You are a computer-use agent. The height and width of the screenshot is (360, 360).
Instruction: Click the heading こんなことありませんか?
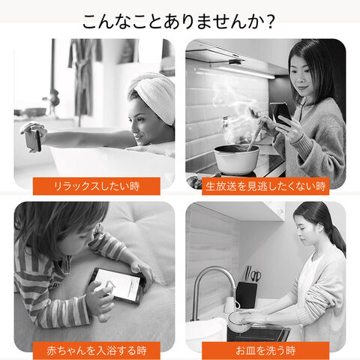(179, 22)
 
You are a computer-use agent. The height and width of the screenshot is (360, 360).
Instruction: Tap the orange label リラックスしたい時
(97, 186)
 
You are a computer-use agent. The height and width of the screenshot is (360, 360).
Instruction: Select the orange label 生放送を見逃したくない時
(265, 186)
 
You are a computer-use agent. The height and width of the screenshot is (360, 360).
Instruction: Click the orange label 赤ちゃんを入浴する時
(97, 350)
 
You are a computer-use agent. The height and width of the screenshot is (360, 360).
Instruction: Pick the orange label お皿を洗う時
(265, 350)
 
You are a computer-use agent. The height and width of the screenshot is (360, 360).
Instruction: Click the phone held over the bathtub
(34, 140)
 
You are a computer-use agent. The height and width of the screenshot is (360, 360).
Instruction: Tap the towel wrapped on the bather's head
(154, 95)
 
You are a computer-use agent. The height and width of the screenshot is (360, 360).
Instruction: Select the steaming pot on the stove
(236, 160)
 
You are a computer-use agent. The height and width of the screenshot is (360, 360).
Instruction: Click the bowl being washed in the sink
(239, 322)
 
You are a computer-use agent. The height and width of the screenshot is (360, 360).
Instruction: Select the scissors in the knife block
(256, 276)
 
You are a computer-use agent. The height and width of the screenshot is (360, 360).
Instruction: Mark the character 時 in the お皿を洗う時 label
(290, 350)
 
